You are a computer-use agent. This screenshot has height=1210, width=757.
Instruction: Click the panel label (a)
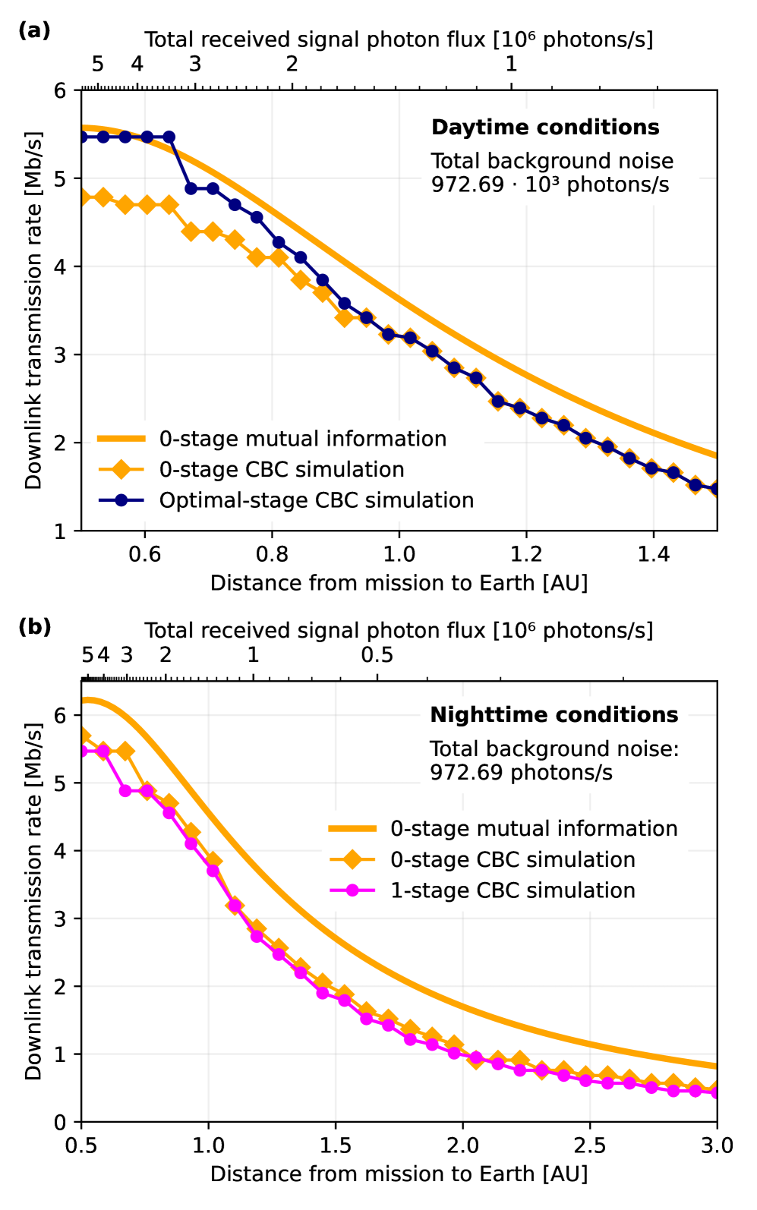click(x=34, y=30)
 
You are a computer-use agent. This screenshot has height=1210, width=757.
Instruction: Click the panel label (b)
click(x=34, y=627)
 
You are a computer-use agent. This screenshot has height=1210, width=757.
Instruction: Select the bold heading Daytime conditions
click(x=545, y=127)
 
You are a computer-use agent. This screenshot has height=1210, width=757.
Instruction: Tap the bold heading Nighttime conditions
click(x=554, y=715)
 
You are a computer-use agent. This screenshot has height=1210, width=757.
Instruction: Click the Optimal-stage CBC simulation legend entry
click(x=316, y=500)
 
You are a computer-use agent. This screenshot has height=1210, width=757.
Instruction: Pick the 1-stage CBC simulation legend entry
click(x=513, y=890)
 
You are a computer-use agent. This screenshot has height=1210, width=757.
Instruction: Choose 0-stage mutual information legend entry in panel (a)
click(x=302, y=439)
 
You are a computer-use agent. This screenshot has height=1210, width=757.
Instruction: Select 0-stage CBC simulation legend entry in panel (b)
click(x=513, y=859)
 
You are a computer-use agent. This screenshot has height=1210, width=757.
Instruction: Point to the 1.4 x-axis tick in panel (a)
click(x=653, y=555)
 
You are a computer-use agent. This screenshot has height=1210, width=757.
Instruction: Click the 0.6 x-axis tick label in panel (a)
click(x=144, y=555)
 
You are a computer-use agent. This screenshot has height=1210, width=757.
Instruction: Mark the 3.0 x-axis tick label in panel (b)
click(x=716, y=1145)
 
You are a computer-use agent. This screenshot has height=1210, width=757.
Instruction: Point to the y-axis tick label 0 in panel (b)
click(x=61, y=1122)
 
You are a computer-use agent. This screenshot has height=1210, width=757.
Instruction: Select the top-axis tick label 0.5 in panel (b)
click(x=377, y=654)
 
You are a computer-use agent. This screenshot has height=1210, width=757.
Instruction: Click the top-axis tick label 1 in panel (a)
click(x=511, y=64)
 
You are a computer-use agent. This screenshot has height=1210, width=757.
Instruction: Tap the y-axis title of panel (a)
click(x=33, y=310)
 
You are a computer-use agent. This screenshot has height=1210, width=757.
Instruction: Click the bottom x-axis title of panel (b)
click(x=399, y=1174)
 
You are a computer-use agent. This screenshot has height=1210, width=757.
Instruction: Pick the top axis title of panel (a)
click(x=399, y=39)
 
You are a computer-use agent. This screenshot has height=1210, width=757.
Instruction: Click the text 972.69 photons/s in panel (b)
click(x=521, y=773)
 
